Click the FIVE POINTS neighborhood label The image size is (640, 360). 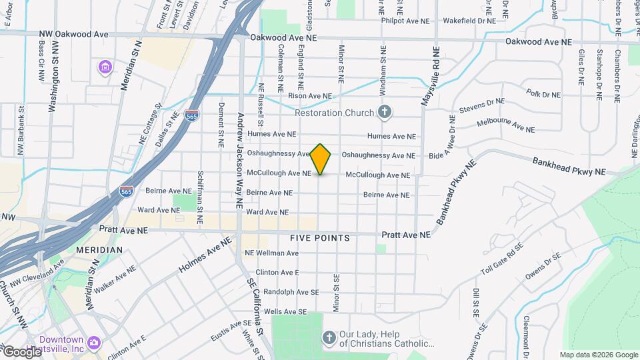pos(319,238)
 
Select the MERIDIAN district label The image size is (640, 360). pos(99,249)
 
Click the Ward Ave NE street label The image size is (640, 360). pos(267,212)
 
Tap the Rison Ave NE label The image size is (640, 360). pos(309,96)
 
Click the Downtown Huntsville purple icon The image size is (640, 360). pos(95,342)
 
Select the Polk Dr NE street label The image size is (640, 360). pos(543,94)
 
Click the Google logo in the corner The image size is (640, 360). pos(22,351)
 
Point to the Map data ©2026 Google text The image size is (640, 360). pos(598,355)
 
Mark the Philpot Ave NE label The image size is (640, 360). pos(405,21)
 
